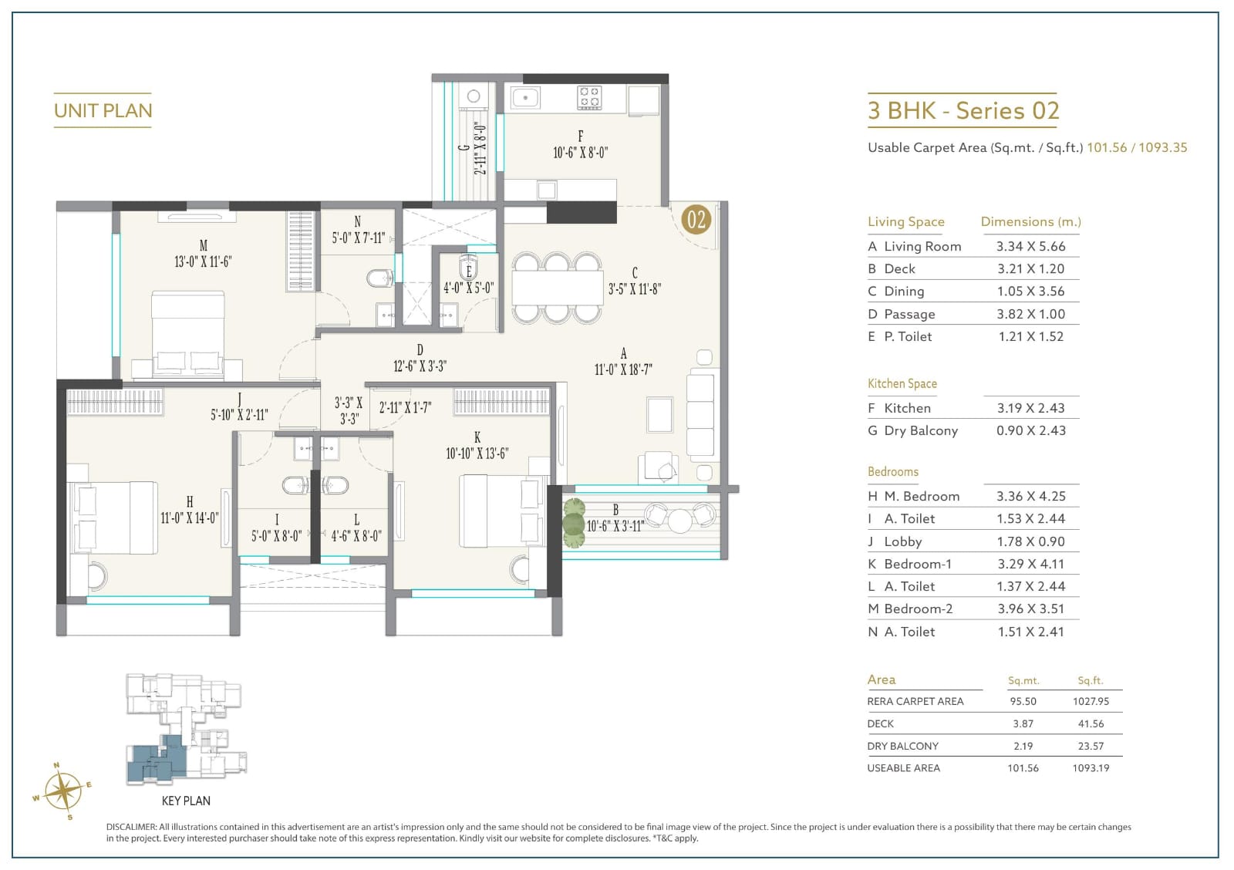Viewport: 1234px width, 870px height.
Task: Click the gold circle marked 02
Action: [696, 219]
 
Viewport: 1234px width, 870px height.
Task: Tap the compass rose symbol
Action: [62, 791]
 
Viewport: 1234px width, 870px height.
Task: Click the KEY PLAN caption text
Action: [186, 801]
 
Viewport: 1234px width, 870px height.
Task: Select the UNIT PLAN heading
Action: [103, 111]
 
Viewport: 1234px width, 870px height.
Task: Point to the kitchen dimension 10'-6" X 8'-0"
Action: [580, 152]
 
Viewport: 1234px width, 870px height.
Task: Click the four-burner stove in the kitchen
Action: [589, 97]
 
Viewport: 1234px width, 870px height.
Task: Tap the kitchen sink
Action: [525, 98]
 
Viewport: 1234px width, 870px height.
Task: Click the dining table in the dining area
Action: [558, 288]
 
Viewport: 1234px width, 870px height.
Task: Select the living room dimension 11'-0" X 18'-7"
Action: [623, 369]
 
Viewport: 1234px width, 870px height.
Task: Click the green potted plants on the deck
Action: [574, 523]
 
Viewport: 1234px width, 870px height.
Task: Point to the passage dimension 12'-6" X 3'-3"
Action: [420, 366]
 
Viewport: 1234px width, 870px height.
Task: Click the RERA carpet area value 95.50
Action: [1023, 701]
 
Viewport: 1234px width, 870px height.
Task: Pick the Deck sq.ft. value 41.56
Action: [1091, 723]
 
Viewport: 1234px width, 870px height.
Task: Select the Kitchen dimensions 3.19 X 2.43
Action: [1030, 408]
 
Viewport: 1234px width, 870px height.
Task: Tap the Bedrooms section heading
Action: [893, 472]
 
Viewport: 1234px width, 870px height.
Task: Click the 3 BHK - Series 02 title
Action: [963, 111]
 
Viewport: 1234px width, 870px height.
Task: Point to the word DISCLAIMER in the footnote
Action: [131, 827]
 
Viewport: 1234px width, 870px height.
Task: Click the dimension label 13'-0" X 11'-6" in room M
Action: [203, 261]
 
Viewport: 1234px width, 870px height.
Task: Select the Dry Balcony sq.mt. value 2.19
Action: [1023, 746]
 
